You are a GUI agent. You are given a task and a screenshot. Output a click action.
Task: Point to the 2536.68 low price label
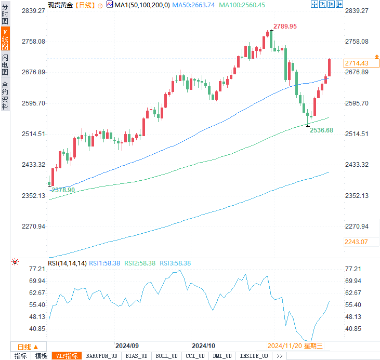tap(321, 130)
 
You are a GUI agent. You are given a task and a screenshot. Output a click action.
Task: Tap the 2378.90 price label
tap(63, 190)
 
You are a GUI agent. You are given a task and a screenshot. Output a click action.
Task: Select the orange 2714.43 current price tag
tap(356, 63)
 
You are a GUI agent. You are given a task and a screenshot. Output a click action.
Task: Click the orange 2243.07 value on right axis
tap(356, 242)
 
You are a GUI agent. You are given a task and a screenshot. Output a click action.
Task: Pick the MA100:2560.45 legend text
tap(242, 5)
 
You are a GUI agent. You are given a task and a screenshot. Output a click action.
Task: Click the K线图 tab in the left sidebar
tap(5, 39)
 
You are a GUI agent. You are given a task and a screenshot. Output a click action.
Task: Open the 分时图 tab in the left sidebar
tap(5, 14)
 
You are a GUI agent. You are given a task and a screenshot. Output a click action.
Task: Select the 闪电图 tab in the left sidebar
tap(5, 65)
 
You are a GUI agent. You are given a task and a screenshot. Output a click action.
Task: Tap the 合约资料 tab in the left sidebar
tap(5, 96)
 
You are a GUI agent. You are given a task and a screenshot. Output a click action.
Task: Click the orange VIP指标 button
tap(67, 356)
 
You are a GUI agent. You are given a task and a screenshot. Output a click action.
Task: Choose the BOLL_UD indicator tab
tap(166, 356)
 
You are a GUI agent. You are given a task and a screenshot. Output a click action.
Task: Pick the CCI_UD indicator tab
tap(194, 356)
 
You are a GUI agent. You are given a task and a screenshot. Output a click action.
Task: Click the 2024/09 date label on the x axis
tap(127, 345)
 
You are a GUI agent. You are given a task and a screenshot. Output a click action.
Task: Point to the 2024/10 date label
tap(204, 345)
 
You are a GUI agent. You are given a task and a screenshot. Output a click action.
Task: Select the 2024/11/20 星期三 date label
tap(295, 345)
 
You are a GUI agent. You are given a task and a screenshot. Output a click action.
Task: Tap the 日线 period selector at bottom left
tap(28, 346)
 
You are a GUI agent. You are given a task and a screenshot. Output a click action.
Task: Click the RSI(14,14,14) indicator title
tap(67, 263)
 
